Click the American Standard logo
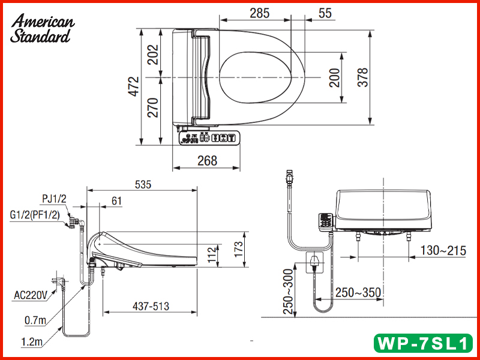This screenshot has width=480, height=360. pos(43,29)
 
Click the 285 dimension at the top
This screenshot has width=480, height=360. pos(259,13)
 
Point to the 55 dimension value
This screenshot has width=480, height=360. pos(325,13)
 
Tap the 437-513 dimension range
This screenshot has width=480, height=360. pos(150,306)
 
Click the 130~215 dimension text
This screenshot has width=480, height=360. pos(443,251)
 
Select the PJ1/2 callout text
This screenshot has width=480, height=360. pos(55,199)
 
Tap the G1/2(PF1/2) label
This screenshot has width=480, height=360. pos(34,214)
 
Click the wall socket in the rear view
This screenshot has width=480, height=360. pos(314,261)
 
